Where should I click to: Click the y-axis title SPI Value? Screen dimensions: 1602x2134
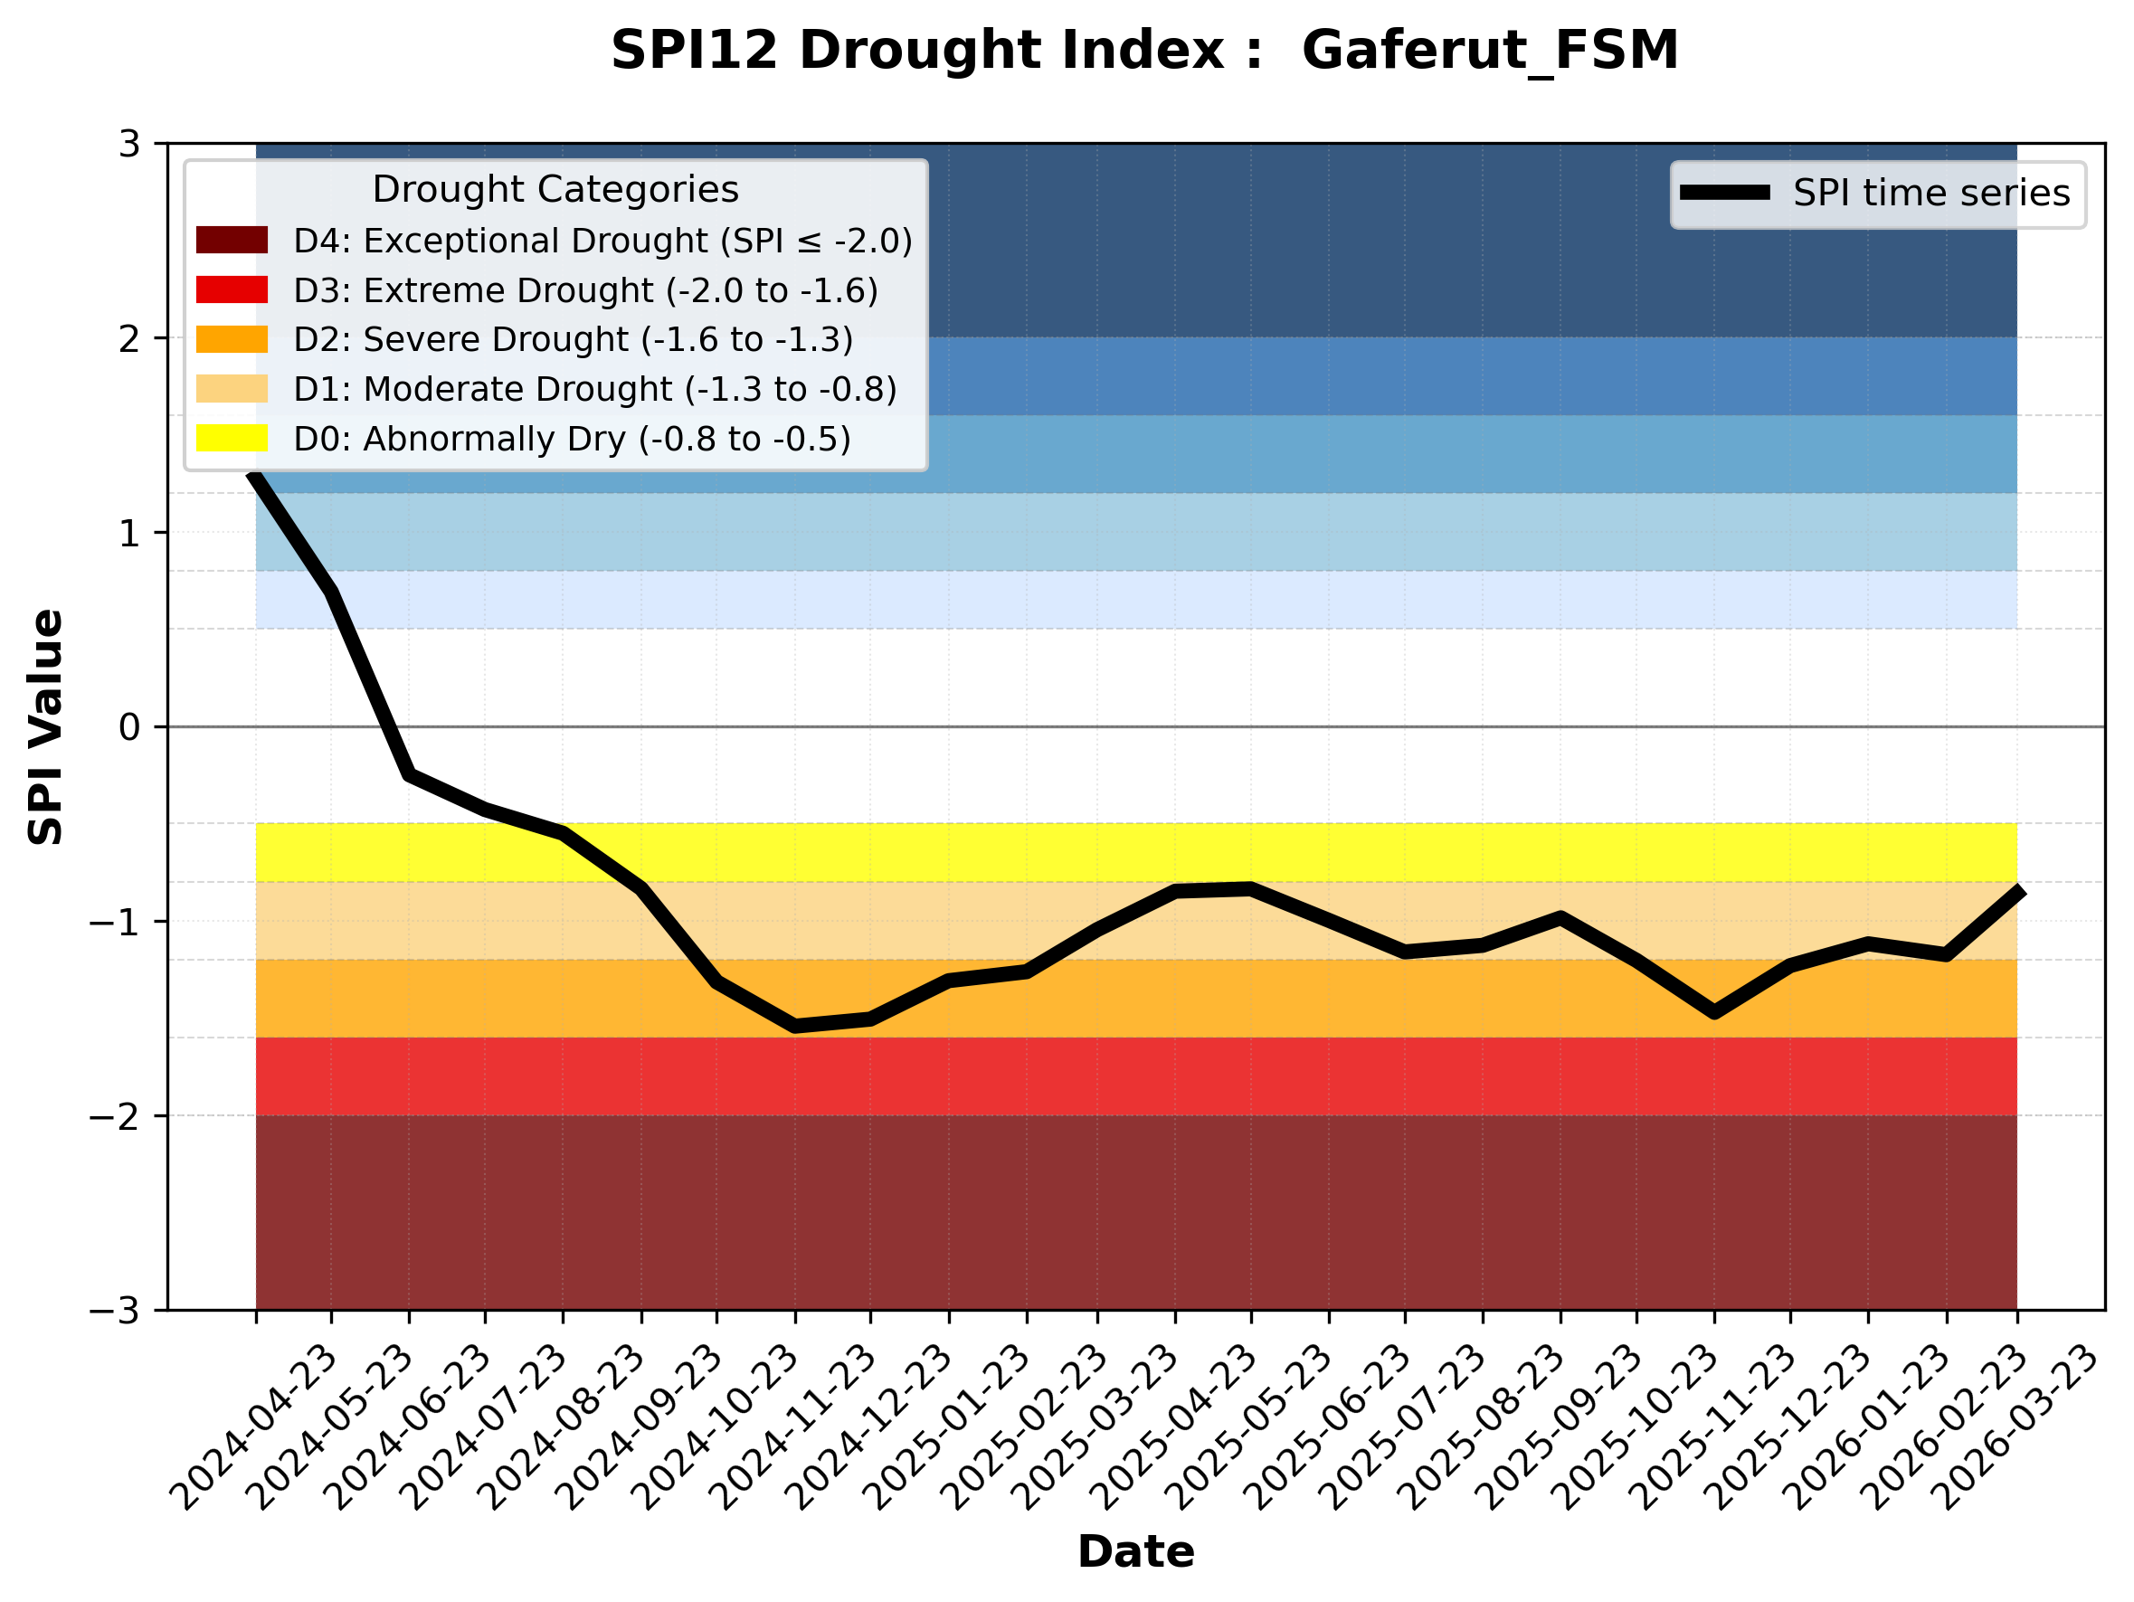click(45, 727)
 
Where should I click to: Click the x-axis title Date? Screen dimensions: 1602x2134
click(1135, 1552)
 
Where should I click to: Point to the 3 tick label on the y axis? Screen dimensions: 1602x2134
click(129, 144)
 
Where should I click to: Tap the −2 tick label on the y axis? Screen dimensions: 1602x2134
click(116, 1116)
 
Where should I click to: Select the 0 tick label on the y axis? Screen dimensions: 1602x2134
click(129, 727)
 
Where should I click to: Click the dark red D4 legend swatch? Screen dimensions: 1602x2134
click(232, 240)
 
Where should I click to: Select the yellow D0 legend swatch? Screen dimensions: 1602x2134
click(232, 438)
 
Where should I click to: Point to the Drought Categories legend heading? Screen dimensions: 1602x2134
click(555, 189)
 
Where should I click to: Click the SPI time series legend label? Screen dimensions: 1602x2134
click(1931, 193)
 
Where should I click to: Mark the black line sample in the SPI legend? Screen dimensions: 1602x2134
click(1725, 193)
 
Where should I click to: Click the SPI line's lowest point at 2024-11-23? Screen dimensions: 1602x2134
click(795, 1026)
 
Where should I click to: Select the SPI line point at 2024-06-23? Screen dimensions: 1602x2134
click(409, 773)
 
